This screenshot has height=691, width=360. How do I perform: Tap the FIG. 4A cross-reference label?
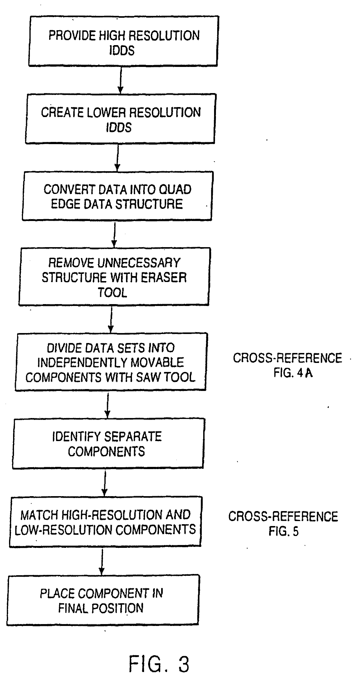(292, 373)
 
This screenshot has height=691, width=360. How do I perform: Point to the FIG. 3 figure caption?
(159, 664)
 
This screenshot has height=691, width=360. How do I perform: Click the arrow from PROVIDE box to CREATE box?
(120, 80)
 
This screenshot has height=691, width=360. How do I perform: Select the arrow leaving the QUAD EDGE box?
(114, 234)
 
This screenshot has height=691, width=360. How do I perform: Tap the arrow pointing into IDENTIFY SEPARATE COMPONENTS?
(107, 404)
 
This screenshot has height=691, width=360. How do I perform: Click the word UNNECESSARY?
(139, 263)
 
